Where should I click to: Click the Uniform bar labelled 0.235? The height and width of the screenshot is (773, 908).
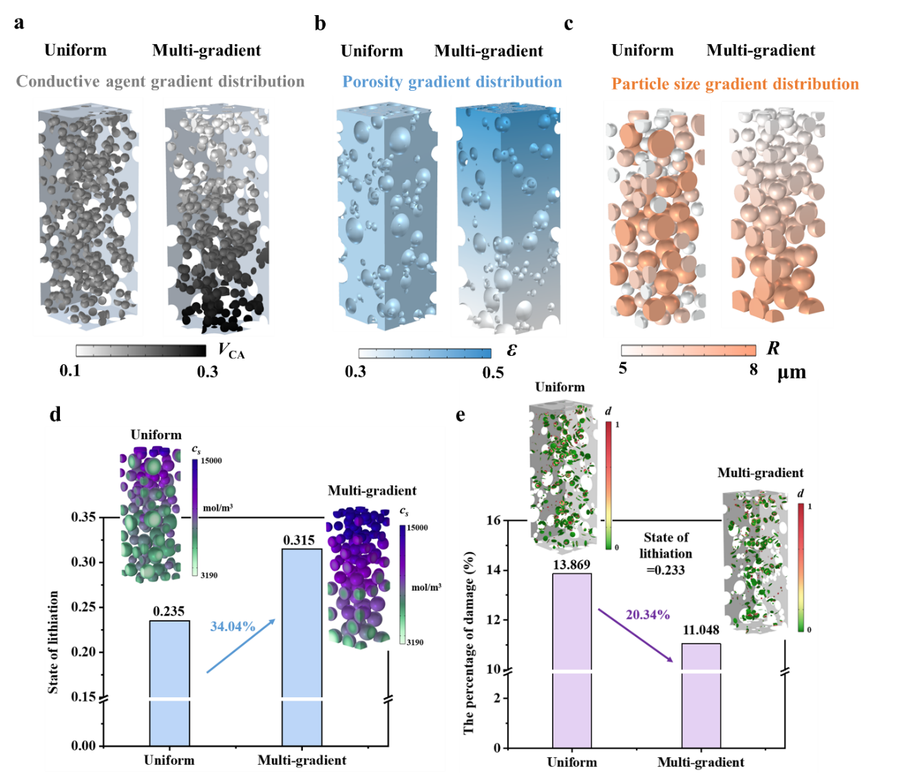(x=169, y=681)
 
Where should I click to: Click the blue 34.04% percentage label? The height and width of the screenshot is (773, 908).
(x=233, y=626)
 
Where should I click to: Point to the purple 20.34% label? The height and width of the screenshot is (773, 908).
(x=647, y=615)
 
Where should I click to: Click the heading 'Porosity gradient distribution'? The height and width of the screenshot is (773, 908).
(x=452, y=83)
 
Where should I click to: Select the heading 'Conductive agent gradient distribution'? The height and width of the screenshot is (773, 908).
(x=160, y=82)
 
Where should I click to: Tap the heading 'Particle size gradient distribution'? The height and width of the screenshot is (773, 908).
(x=735, y=85)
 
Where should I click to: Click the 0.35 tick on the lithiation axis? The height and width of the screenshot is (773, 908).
(x=83, y=517)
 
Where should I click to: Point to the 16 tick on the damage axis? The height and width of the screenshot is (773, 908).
(x=493, y=520)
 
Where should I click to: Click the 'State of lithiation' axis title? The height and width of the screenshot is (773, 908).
(x=54, y=642)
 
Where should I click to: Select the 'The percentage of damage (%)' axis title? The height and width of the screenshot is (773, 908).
(x=469, y=642)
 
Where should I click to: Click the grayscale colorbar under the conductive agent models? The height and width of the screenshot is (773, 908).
(x=141, y=351)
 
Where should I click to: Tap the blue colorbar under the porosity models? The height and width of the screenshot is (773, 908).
(x=425, y=354)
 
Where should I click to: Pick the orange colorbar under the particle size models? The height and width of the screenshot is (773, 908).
(x=688, y=351)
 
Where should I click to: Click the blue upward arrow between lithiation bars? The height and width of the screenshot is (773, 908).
(x=241, y=646)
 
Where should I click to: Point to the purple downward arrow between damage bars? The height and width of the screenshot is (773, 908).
(x=635, y=635)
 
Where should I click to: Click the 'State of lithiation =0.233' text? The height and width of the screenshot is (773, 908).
(x=665, y=553)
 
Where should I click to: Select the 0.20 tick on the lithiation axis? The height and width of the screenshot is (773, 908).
(x=83, y=652)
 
